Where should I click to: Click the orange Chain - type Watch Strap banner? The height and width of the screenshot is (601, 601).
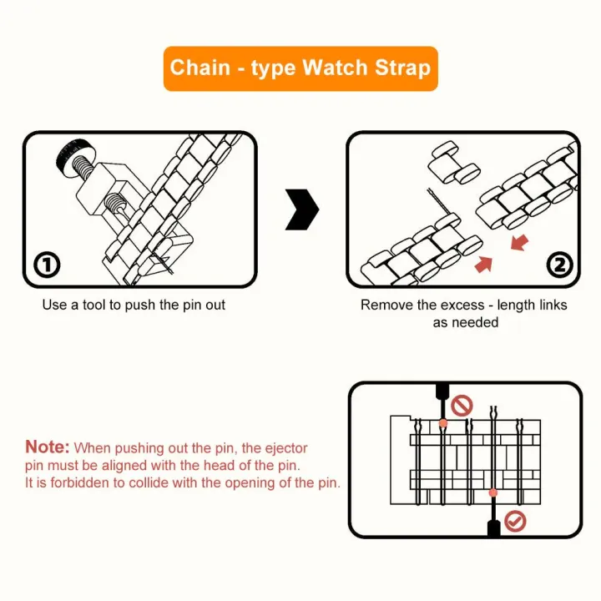click(x=300, y=68)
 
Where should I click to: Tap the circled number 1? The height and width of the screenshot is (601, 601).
click(x=47, y=265)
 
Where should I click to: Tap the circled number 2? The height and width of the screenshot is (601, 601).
click(x=559, y=265)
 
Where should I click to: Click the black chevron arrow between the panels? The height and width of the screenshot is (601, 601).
click(x=302, y=209)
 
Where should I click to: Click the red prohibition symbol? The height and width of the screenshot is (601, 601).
click(x=462, y=407)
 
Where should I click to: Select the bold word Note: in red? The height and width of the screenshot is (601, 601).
click(x=48, y=447)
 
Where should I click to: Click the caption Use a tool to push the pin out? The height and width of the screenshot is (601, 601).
click(x=134, y=305)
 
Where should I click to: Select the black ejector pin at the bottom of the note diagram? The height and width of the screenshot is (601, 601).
click(x=493, y=524)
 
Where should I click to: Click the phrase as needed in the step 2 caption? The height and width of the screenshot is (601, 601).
click(x=465, y=322)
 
